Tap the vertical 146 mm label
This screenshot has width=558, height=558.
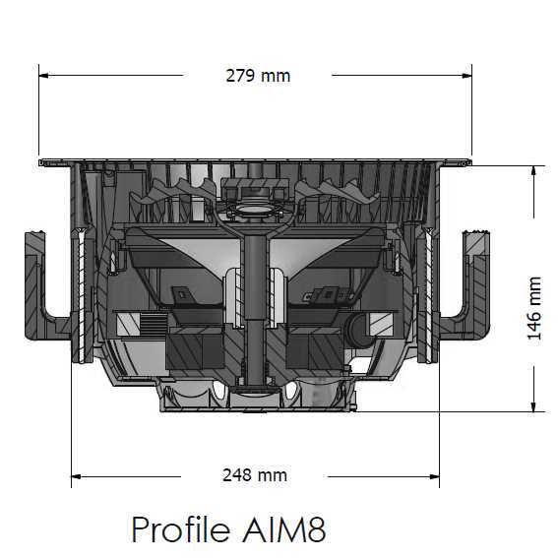[534, 308]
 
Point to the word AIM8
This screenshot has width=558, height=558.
[282, 529]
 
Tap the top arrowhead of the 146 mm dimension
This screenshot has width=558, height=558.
[534, 170]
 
